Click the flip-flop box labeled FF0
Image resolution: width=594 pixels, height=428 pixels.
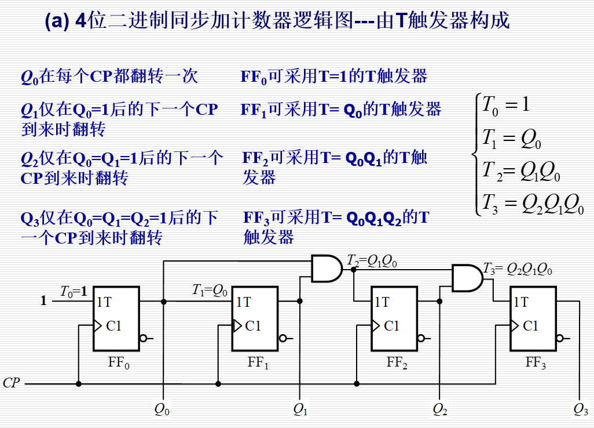pos(116,319)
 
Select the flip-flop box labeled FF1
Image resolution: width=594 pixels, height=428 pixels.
pos(255,319)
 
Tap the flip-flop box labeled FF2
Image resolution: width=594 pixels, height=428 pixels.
pos(394,319)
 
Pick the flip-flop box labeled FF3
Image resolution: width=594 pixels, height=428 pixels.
pos(533,319)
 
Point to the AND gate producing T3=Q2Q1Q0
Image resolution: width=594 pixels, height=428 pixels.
pos(467,278)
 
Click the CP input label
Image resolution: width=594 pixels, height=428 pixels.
pos(12,383)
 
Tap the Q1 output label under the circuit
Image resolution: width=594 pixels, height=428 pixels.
pos(300,409)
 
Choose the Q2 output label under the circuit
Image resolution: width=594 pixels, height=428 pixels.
pos(440,409)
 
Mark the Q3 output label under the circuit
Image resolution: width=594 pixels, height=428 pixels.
pos(581,409)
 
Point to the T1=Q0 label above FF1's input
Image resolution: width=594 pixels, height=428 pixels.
pos(210,291)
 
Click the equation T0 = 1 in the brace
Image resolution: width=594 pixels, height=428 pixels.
pos(506,104)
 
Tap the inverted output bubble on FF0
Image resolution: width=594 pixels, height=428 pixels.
pos(143,338)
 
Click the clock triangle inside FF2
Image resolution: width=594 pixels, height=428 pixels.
pos(376,326)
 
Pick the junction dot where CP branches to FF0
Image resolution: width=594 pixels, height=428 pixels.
pos(79,384)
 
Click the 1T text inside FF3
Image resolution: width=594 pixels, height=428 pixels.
pos(521,302)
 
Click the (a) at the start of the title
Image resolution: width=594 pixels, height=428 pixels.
pos(58,21)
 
